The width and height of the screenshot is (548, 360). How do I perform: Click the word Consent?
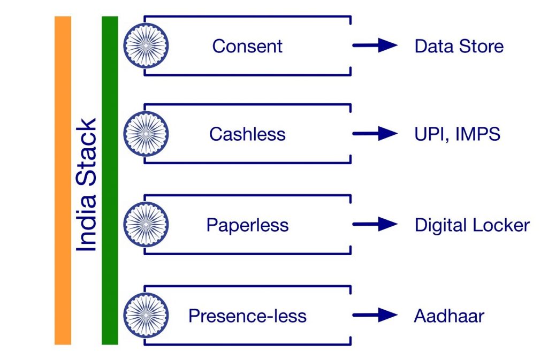pyautogui.click(x=247, y=46)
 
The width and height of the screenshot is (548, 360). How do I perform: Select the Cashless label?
pyautogui.click(x=247, y=134)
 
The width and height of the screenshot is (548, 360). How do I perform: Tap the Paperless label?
pyautogui.click(x=247, y=225)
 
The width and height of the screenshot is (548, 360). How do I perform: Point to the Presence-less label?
pyautogui.click(x=247, y=316)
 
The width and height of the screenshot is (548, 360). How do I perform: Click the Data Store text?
pyautogui.click(x=459, y=46)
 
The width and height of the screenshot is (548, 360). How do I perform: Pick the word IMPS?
pyautogui.click(x=477, y=134)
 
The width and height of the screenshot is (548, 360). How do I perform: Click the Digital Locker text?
pyautogui.click(x=471, y=225)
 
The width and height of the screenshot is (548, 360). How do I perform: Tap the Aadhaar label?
pyautogui.click(x=448, y=316)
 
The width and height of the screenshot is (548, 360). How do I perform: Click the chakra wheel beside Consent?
pyautogui.click(x=146, y=45)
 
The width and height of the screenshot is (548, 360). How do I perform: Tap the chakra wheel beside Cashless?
pyautogui.click(x=146, y=134)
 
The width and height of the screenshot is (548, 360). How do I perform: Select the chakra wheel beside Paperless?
pyautogui.click(x=146, y=225)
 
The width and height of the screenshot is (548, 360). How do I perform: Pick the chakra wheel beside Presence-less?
pyautogui.click(x=146, y=315)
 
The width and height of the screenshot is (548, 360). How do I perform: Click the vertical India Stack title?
pyautogui.click(x=87, y=185)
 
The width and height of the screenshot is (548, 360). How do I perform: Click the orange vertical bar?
pyautogui.click(x=63, y=180)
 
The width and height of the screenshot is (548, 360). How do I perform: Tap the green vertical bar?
pyautogui.click(x=110, y=180)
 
